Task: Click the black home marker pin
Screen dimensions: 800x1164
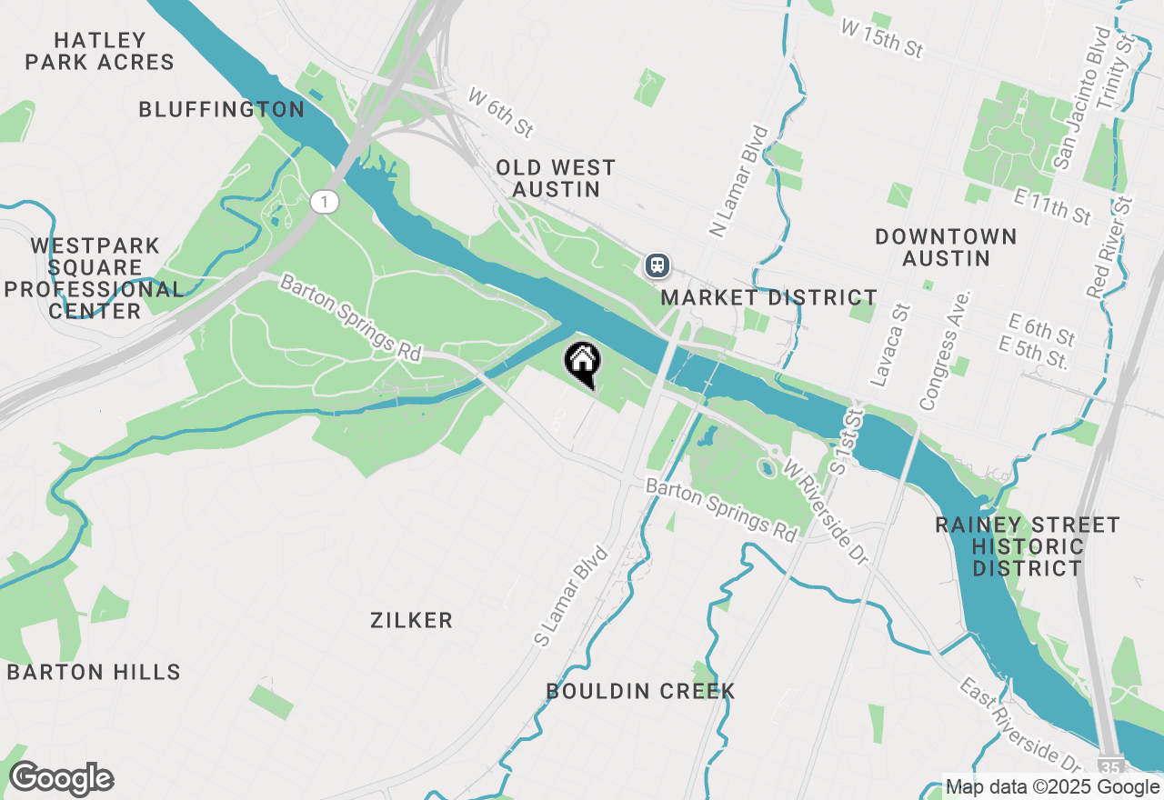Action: coord(583,363)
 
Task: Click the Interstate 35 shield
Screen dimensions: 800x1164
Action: coord(1110,765)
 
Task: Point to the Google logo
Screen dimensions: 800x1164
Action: coord(61,779)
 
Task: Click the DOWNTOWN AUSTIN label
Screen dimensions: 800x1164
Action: coord(946,247)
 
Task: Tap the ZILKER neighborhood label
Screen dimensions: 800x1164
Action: coord(412,621)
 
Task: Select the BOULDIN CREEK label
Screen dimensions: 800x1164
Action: coord(640,692)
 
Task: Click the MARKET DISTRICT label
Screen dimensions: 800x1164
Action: coord(768,298)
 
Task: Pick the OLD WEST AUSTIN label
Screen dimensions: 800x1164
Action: coord(556,178)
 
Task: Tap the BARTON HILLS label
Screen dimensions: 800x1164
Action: coord(94,673)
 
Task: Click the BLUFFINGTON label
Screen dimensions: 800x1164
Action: coord(221,110)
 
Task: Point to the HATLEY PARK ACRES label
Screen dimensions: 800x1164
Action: coord(100,51)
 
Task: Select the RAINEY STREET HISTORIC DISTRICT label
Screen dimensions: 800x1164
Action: coord(1028,546)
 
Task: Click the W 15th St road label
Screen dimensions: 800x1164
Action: coord(882,40)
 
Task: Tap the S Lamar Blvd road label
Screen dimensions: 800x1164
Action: coord(570,595)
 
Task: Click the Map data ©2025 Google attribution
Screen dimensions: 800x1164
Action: coord(1052,787)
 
